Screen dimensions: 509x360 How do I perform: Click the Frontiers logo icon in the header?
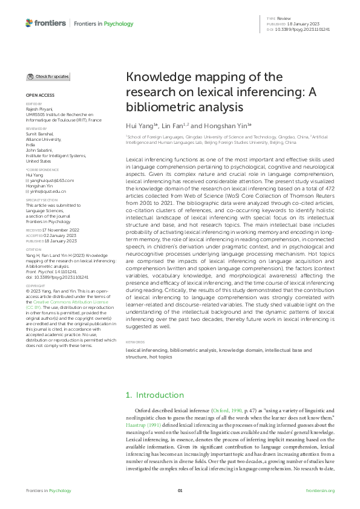(29, 22)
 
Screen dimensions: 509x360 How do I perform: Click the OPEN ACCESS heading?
(39, 96)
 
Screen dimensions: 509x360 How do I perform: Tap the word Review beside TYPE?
(284, 19)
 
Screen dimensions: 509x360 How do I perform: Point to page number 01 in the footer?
(180, 490)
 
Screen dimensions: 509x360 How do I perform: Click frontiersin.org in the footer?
(321, 490)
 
